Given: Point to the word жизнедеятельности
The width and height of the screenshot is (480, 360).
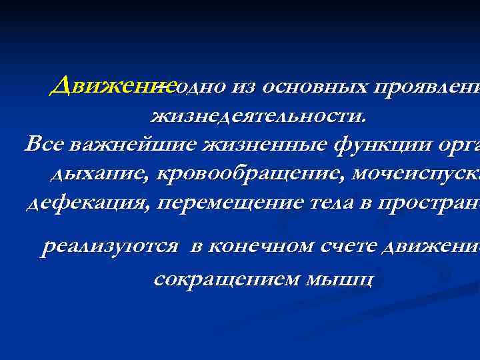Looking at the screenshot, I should (x=259, y=117).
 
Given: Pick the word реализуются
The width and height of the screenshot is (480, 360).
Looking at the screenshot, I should (x=110, y=247).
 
